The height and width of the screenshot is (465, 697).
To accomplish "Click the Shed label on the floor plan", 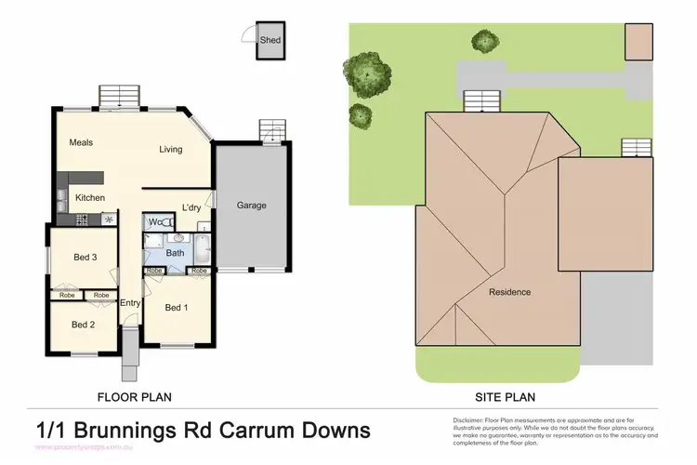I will pyautogui.click(x=270, y=40).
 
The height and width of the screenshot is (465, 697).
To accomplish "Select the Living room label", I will pyautogui.click(x=170, y=149).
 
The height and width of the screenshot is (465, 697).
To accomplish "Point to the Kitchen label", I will pyautogui.click(x=90, y=198).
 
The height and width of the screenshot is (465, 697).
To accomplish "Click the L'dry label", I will pyautogui.click(x=191, y=206).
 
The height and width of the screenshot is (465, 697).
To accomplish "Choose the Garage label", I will pyautogui.click(x=251, y=205).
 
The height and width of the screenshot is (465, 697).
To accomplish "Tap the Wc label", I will pyautogui.click(x=157, y=222).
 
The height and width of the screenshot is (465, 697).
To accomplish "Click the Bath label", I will pyautogui.click(x=175, y=252).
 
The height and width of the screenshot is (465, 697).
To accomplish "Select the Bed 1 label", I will pyautogui.click(x=177, y=307).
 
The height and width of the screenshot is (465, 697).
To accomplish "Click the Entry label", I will pyautogui.click(x=130, y=302).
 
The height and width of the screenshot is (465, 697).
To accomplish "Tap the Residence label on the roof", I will pyautogui.click(x=510, y=292).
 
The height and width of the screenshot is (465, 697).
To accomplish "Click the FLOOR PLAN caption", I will pyautogui.click(x=135, y=397).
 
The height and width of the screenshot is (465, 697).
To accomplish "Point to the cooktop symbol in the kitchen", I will pyautogui.click(x=110, y=219).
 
